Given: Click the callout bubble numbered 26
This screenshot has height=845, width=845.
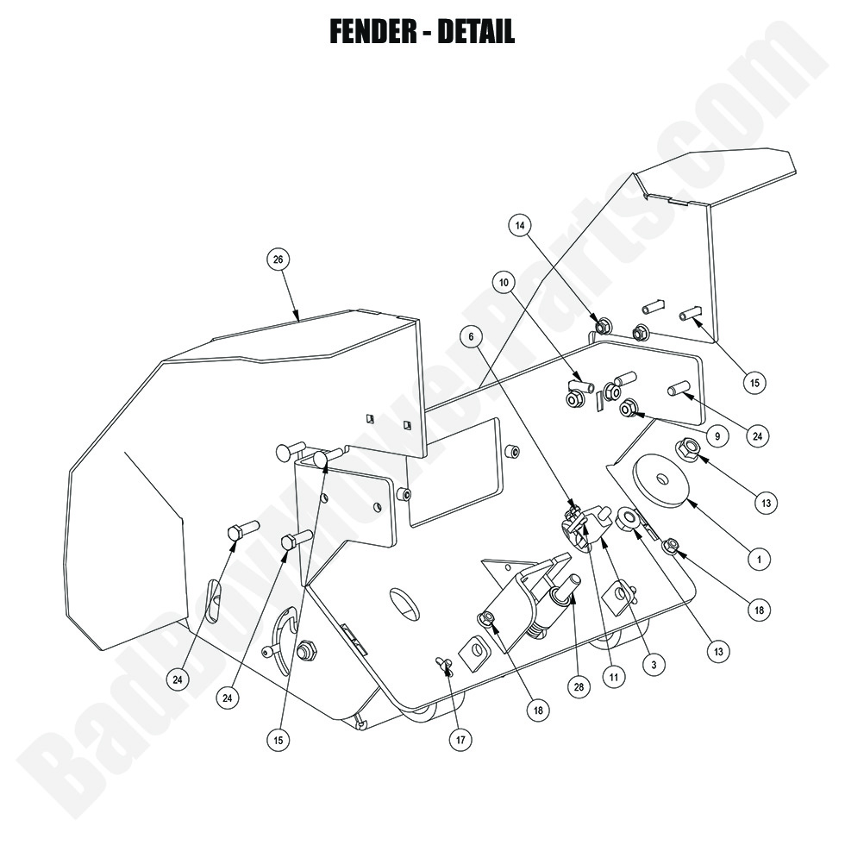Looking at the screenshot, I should (x=278, y=260).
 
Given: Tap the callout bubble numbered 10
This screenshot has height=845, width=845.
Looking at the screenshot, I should (x=504, y=282).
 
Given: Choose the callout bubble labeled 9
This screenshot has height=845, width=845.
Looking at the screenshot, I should (x=715, y=436).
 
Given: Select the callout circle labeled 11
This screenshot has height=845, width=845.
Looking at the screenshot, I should (x=613, y=678).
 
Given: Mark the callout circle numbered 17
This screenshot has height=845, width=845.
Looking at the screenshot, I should (x=461, y=739).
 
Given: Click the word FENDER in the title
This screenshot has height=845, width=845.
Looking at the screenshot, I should (x=373, y=31).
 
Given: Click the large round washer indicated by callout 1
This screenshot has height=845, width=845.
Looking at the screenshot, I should (x=660, y=482).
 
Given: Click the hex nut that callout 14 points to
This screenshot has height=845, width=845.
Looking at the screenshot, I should (x=604, y=326).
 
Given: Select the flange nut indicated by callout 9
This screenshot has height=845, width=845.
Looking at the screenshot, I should (x=629, y=407).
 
